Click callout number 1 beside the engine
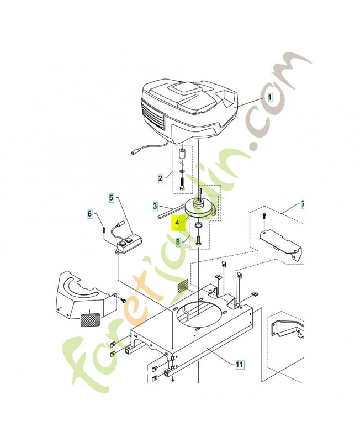tap(270, 98)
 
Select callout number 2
tap(160, 178)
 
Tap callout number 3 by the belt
tap(155, 206)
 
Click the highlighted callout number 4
tap(177, 223)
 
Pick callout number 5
tap(112, 198)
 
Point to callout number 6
tap(89, 214)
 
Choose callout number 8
tap(178, 242)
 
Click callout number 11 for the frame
tap(239, 364)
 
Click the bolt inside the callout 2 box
tap(182, 185)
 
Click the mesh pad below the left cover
tap(91, 319)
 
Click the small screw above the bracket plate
tap(264, 216)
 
